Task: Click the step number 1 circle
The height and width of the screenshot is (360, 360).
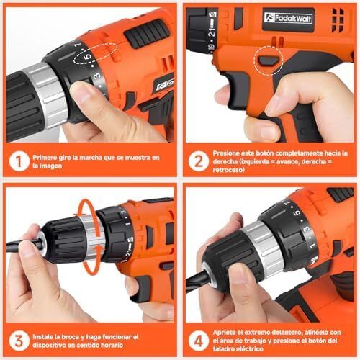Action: point(19,161)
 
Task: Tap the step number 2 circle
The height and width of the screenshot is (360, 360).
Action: point(198,161)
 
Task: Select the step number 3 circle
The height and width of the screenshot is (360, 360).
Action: point(19,341)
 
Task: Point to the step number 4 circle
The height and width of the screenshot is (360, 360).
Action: point(198,341)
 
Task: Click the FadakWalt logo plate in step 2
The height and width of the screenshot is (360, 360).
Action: point(288,19)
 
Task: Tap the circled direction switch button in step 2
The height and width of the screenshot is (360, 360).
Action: point(269,60)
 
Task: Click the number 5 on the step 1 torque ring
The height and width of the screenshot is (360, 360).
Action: point(88,57)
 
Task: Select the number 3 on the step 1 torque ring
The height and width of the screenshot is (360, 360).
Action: point(97,76)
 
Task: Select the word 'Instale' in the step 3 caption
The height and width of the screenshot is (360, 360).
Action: point(43,337)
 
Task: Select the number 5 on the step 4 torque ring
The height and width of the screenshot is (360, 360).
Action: point(298,212)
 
